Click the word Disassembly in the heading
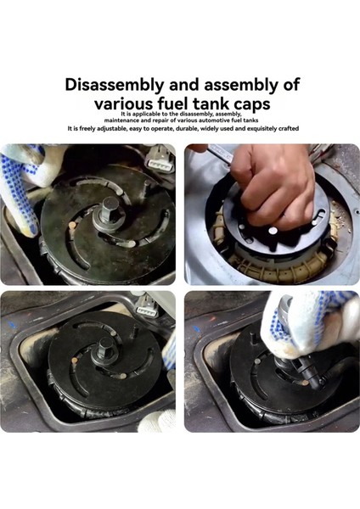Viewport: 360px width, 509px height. [x=115, y=85]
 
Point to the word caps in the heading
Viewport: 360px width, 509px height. [x=252, y=105]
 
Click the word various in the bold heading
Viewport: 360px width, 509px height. [x=123, y=104]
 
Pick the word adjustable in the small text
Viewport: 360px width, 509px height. [x=112, y=129]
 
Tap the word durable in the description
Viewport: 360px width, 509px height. [x=187, y=129]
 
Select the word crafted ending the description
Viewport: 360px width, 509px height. [x=289, y=129]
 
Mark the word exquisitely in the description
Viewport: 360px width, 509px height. [x=262, y=129]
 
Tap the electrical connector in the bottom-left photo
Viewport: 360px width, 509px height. [x=147, y=306]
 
